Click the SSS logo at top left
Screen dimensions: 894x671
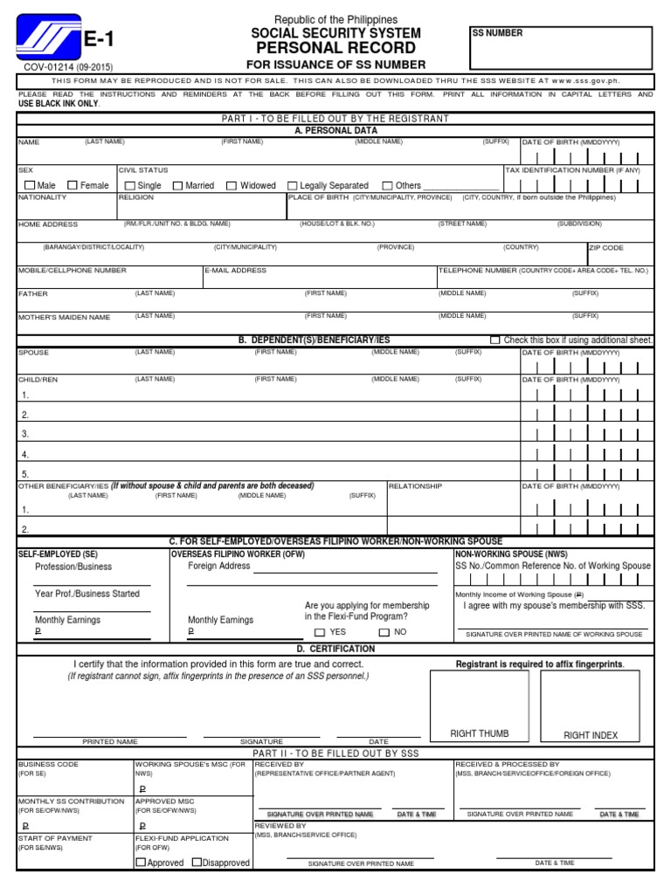tap(48, 37)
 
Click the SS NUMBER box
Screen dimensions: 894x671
tap(561, 48)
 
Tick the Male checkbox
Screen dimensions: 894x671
tap(31, 185)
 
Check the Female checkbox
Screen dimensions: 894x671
tap(73, 185)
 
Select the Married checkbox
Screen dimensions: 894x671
tap(178, 185)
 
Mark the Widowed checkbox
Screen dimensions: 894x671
tap(232, 185)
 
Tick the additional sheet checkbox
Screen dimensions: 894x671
tap(520, 340)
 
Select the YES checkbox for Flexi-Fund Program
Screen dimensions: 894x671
tap(320, 632)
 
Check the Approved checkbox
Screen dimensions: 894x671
tap(141, 863)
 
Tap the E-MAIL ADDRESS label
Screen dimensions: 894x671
tap(236, 271)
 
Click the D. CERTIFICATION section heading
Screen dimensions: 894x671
tap(335, 649)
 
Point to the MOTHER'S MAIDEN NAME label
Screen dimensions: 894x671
tap(65, 317)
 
